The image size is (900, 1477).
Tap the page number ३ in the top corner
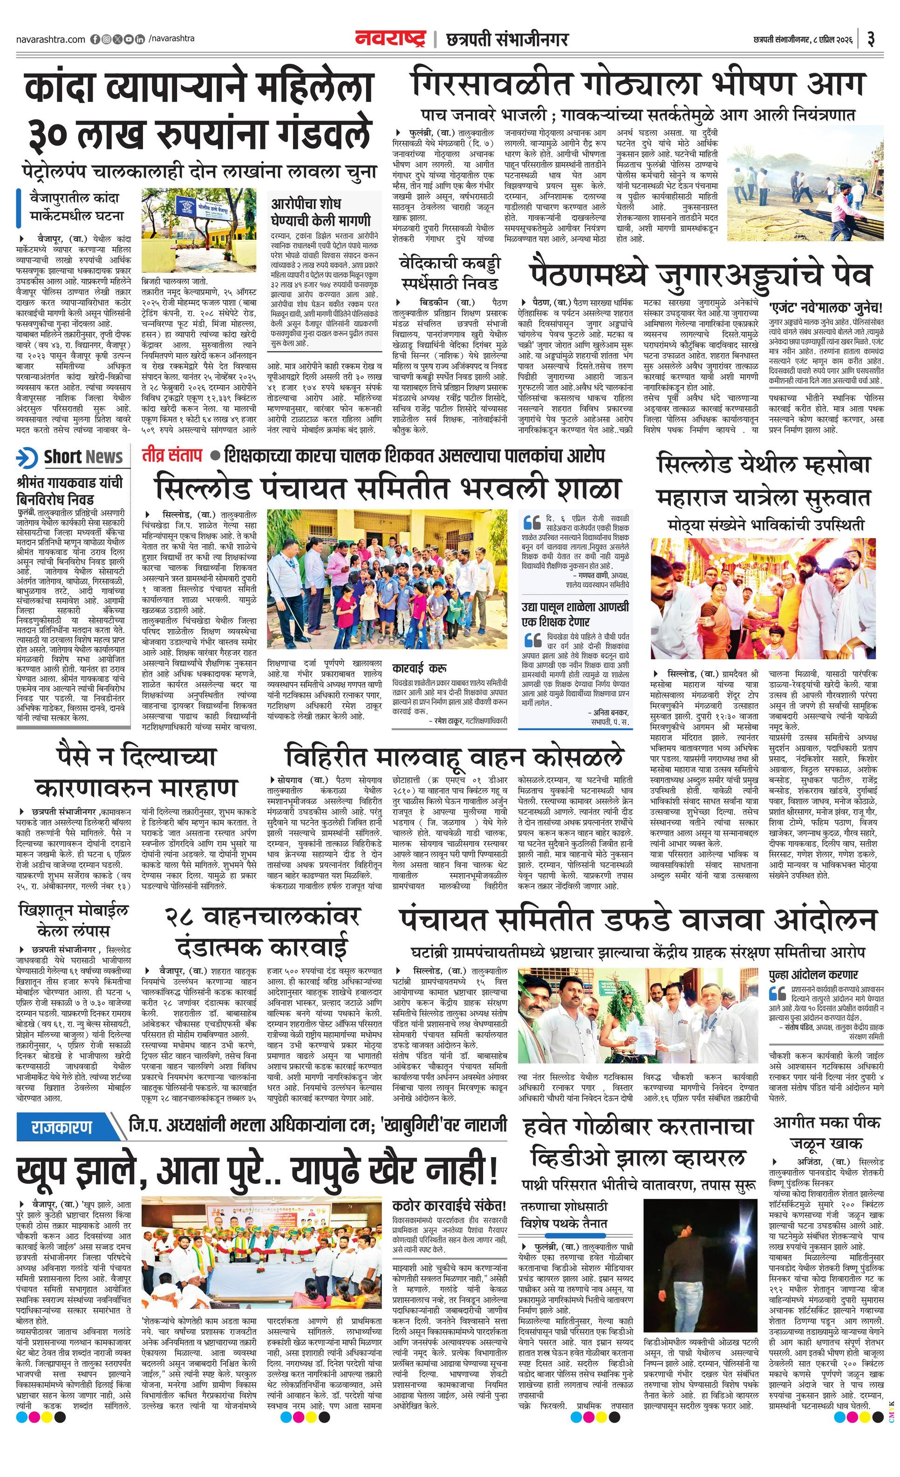tap(871, 40)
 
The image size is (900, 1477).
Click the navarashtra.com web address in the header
tap(50, 40)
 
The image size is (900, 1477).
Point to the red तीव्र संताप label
tap(172, 455)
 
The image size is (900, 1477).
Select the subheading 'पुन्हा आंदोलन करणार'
tap(814, 975)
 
